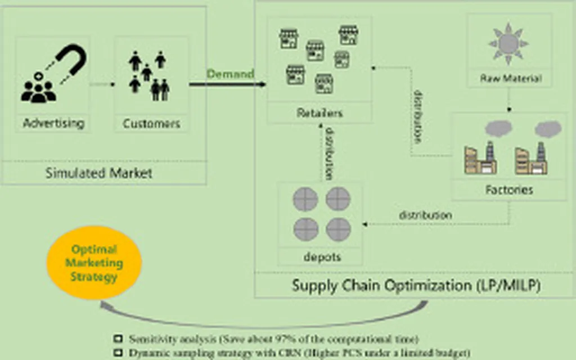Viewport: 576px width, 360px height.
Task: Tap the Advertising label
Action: [53, 123]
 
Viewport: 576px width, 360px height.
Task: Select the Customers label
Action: [151, 123]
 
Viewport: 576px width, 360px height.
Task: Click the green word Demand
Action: [230, 74]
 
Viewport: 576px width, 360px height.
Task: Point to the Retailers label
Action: [319, 113]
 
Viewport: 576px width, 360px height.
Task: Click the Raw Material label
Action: [510, 78]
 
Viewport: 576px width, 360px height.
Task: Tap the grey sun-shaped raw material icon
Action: [508, 44]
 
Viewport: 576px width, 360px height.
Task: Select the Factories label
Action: [509, 190]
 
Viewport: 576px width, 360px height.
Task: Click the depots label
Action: [322, 257]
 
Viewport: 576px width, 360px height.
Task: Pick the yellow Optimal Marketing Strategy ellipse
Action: [94, 263]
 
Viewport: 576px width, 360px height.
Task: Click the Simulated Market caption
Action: [99, 173]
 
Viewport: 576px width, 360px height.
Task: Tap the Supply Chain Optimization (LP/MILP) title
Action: [416, 285]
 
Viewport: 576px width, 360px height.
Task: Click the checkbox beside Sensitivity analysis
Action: [118, 339]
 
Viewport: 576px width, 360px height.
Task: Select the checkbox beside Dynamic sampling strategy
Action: [118, 353]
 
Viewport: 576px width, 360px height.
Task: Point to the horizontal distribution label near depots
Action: [425, 215]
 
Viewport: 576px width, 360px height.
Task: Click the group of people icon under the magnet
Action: [39, 90]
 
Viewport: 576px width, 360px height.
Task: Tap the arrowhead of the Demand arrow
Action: [262, 85]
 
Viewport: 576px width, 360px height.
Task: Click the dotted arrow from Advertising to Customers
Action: [102, 85]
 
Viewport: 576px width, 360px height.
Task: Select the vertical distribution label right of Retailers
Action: [418, 115]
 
